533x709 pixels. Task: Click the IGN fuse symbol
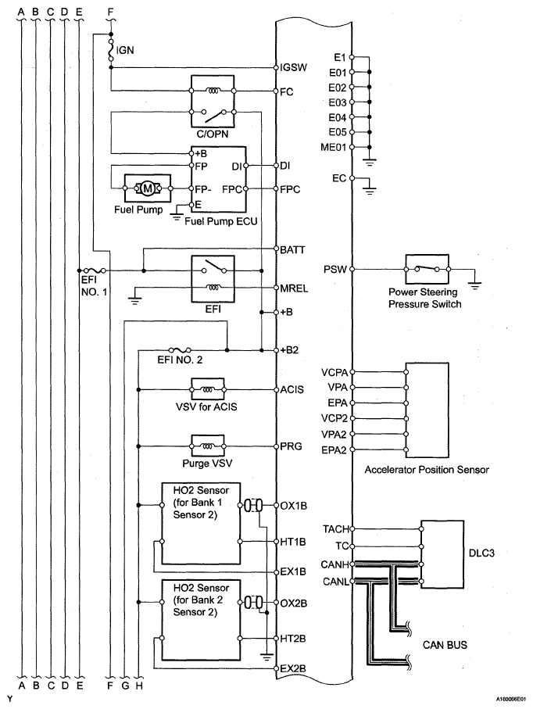(x=110, y=49)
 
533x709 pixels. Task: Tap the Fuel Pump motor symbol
(x=148, y=188)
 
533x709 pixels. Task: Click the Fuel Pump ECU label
(x=221, y=221)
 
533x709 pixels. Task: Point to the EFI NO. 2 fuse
(x=180, y=350)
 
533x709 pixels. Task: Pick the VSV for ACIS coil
(x=208, y=389)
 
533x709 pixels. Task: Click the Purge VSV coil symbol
(x=208, y=446)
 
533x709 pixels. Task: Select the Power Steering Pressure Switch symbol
(x=427, y=269)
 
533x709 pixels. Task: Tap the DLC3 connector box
(x=442, y=554)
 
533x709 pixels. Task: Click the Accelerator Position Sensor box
(x=427, y=410)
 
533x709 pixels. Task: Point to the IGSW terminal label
(x=293, y=67)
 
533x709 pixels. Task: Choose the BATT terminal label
(x=292, y=249)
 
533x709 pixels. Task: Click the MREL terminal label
(x=294, y=288)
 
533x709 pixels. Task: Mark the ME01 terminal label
(x=333, y=148)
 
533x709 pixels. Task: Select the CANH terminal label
(x=334, y=564)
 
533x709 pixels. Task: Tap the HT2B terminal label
(x=293, y=639)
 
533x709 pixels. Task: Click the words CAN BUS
(x=445, y=645)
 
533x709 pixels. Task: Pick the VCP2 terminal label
(x=334, y=418)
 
